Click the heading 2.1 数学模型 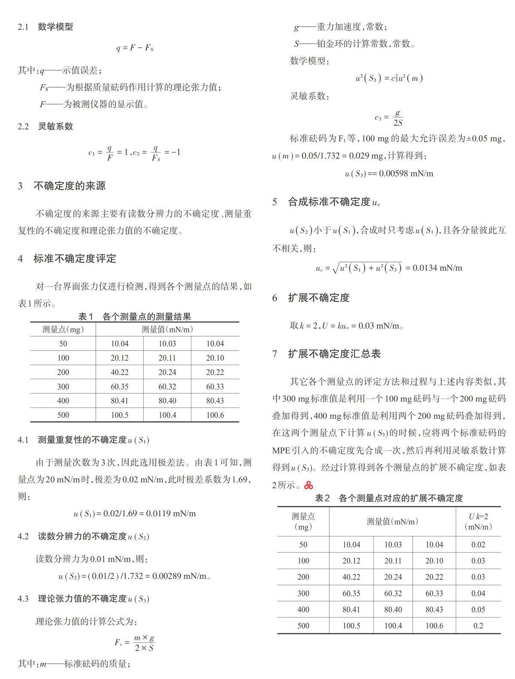pyautogui.click(x=45, y=27)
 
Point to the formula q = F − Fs pyautogui.click(x=134, y=48)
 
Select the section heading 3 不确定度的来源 pyautogui.click(x=62, y=186)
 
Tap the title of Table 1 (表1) pyautogui.click(x=134, y=317)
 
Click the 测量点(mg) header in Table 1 pyautogui.click(x=63, y=329)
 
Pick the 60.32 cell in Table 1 pyautogui.click(x=167, y=387)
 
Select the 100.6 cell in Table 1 pyautogui.click(x=215, y=415)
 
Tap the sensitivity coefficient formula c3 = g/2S pyautogui.click(x=389, y=118)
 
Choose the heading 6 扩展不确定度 pyautogui.click(x=311, y=298)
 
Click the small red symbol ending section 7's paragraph pyautogui.click(x=308, y=485)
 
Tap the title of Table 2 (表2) pyautogui.click(x=389, y=498)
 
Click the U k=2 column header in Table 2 pyautogui.click(x=478, y=521)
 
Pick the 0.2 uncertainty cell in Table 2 pyautogui.click(x=478, y=625)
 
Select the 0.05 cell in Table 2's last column pyautogui.click(x=478, y=609)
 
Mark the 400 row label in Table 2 pyautogui.click(x=303, y=609)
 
